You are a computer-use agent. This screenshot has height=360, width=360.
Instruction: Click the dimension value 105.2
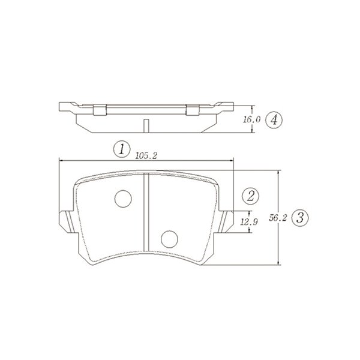tap(146, 156)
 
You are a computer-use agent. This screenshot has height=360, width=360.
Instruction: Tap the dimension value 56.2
tap(278, 218)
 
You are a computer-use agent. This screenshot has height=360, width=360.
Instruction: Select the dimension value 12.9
tap(249, 222)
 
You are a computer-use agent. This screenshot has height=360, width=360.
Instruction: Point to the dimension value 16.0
tap(251, 119)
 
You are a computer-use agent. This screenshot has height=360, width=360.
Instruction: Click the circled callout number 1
tap(122, 149)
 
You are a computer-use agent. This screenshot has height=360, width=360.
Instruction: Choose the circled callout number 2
tap(251, 196)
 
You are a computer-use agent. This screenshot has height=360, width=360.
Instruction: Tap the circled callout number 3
tap(300, 218)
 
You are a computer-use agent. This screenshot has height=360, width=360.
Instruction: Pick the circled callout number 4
tap(274, 119)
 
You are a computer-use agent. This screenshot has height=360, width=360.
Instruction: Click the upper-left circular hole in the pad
tap(123, 199)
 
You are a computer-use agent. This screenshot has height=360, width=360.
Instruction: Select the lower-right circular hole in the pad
tap(169, 239)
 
